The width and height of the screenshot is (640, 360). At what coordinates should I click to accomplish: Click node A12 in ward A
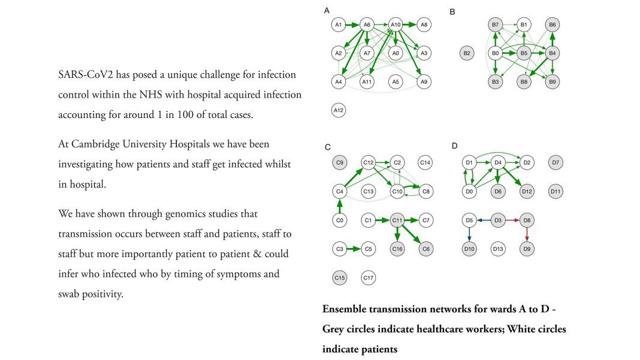click(339, 110)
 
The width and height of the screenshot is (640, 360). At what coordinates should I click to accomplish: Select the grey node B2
click(467, 53)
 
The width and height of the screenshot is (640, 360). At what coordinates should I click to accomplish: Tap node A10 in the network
click(396, 25)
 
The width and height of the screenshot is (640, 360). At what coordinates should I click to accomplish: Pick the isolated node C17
click(369, 278)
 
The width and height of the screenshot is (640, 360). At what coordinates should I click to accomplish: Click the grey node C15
click(340, 278)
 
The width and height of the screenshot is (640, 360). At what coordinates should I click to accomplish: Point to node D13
click(497, 249)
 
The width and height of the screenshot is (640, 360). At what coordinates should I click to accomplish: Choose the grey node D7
click(556, 162)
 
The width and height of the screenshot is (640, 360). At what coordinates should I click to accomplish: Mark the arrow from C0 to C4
click(340, 206)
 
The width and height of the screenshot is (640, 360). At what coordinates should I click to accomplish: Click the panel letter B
click(452, 11)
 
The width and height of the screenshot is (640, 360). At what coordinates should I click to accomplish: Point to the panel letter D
click(454, 146)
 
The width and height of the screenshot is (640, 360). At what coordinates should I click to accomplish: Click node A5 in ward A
click(396, 81)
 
